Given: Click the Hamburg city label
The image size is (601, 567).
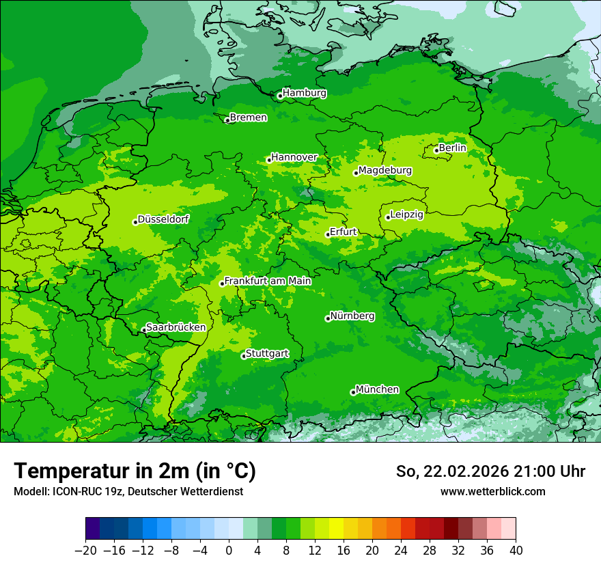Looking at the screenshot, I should (x=304, y=93).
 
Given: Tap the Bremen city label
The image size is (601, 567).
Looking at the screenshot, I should (x=248, y=117).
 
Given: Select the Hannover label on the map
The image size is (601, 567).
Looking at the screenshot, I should (x=294, y=157).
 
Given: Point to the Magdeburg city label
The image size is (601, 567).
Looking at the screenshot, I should (x=385, y=170).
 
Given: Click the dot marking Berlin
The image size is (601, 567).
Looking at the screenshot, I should (x=436, y=150).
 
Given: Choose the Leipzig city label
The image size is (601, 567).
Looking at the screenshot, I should (x=406, y=215).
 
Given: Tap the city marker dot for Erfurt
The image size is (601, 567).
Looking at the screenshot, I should (x=328, y=234).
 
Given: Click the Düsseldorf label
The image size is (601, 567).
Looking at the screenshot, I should (x=163, y=219).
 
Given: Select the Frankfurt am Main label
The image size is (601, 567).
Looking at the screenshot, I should (x=268, y=281).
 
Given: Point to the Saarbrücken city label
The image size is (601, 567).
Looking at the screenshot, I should (x=176, y=327).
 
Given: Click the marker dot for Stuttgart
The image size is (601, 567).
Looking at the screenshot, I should (x=243, y=356).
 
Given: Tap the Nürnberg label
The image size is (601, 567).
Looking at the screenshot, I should (x=352, y=316).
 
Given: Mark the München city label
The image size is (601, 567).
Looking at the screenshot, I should (x=377, y=389).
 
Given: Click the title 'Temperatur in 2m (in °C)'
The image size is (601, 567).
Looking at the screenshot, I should (x=135, y=471).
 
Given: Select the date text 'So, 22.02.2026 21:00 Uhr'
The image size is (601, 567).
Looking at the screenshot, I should (x=490, y=471).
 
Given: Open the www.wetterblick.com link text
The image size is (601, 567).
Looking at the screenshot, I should (x=492, y=491).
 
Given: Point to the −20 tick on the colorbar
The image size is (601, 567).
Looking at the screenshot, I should (x=85, y=551).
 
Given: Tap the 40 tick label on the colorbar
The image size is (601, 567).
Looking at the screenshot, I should (x=516, y=551).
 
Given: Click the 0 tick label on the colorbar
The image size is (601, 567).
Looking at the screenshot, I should (x=229, y=551).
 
